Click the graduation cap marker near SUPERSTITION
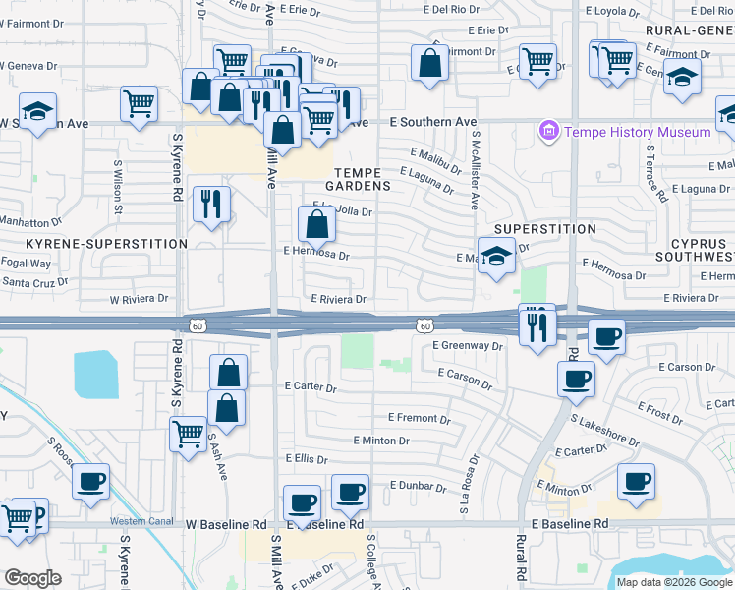click(x=497, y=256)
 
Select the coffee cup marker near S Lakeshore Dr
click(x=576, y=379)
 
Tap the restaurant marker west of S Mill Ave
click(x=211, y=205)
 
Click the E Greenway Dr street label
click(x=467, y=346)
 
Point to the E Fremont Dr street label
click(x=420, y=419)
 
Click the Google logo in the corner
click(x=32, y=578)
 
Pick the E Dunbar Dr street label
click(x=420, y=485)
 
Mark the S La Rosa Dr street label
click(x=469, y=485)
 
